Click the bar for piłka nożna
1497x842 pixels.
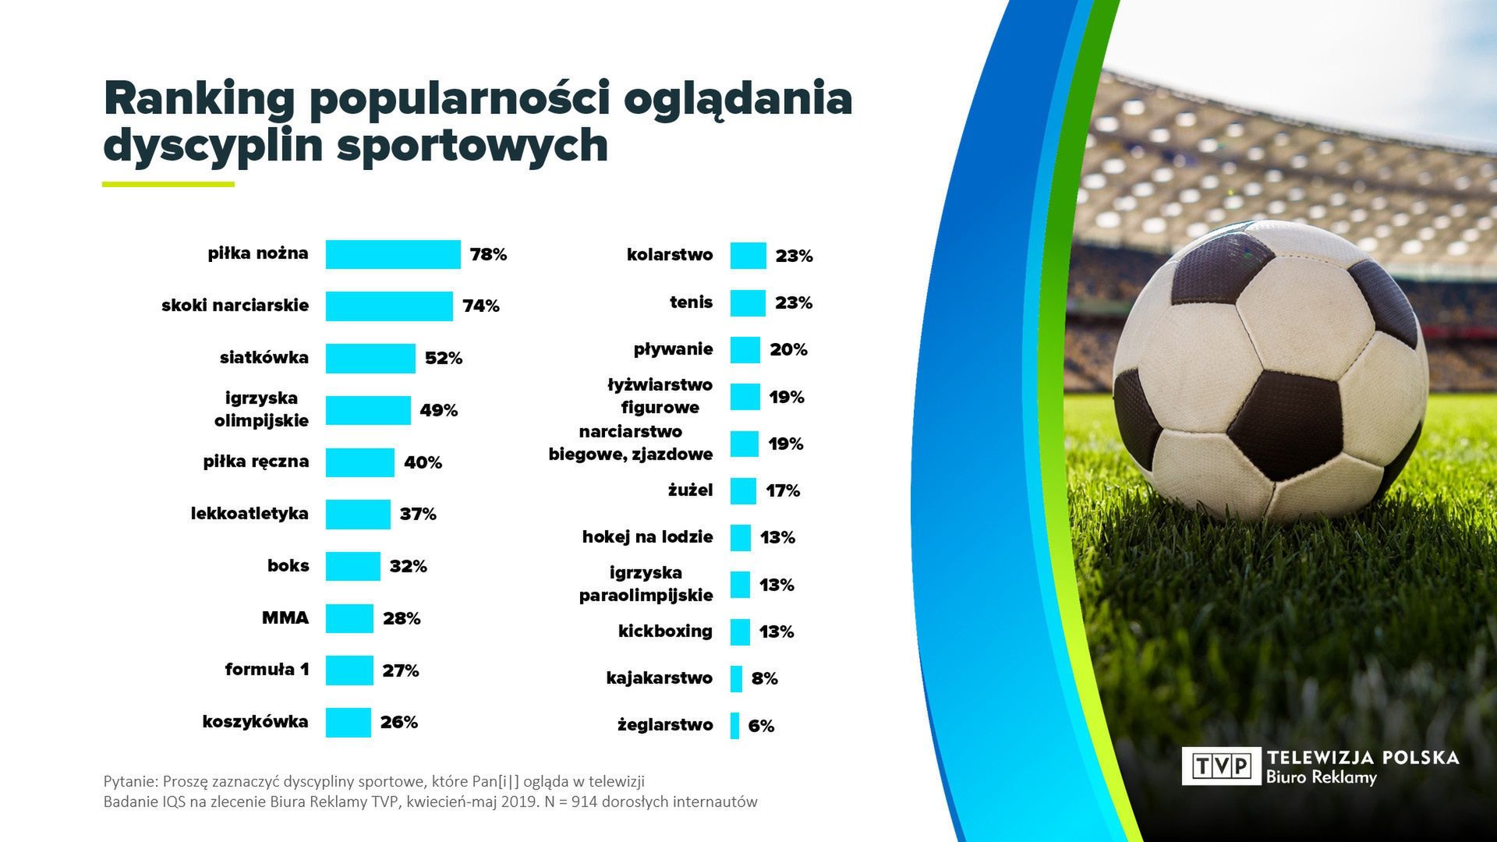392,254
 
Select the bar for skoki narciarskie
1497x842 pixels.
388,306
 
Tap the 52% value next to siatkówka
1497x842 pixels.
443,358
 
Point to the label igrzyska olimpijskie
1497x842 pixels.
261,409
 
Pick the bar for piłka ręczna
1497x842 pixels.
359,462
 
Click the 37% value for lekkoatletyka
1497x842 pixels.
418,514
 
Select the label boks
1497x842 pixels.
288,565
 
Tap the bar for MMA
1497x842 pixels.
349,618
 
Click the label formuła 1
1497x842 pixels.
267,669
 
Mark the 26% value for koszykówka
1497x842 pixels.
398,722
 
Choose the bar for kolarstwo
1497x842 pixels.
748,256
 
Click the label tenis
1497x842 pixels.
691,302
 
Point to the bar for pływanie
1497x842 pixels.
745,350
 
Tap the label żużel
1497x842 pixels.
690,490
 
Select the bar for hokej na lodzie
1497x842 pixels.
740,537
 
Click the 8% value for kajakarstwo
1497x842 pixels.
764,678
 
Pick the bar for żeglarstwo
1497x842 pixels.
734,725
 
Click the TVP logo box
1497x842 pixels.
1221,766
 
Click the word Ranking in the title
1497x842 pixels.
200,99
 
